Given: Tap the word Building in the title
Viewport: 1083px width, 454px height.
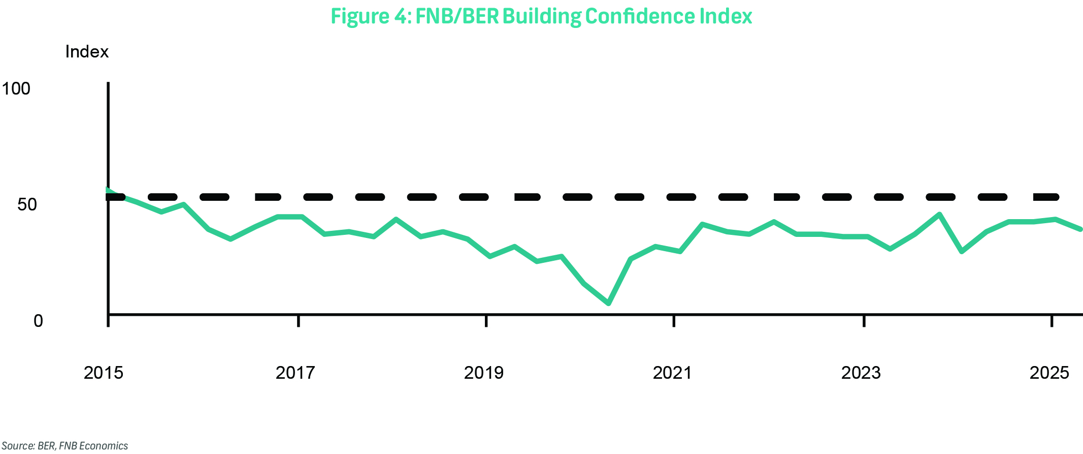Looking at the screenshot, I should (541, 17).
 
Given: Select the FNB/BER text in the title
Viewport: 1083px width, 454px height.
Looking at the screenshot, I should (456, 16).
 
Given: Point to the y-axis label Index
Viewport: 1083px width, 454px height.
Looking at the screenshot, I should (87, 52).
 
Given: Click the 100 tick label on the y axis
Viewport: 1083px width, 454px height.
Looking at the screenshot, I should (16, 89).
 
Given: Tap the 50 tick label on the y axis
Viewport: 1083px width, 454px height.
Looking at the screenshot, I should (27, 205).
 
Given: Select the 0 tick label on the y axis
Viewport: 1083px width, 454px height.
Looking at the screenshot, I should (38, 321).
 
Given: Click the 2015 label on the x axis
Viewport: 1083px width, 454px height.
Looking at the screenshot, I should (104, 373).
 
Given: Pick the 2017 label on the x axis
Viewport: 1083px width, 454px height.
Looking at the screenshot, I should (295, 373).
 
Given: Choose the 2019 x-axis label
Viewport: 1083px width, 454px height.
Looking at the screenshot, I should (484, 373).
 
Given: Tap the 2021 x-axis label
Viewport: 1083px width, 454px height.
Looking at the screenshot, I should (672, 373).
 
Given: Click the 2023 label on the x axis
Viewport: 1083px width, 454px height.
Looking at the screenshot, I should (861, 373).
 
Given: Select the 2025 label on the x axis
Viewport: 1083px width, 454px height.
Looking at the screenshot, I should (1049, 373).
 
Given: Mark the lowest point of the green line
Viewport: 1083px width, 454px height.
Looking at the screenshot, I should (609, 304).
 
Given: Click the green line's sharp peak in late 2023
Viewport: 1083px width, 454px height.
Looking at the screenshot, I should (939, 215).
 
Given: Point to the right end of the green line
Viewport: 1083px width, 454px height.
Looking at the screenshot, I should (1080, 229).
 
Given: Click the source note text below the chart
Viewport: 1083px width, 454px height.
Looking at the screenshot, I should (64, 446).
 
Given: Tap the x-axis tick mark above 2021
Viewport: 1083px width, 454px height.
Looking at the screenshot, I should (674, 321).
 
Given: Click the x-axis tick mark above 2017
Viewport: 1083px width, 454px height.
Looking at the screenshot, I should (299, 321).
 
